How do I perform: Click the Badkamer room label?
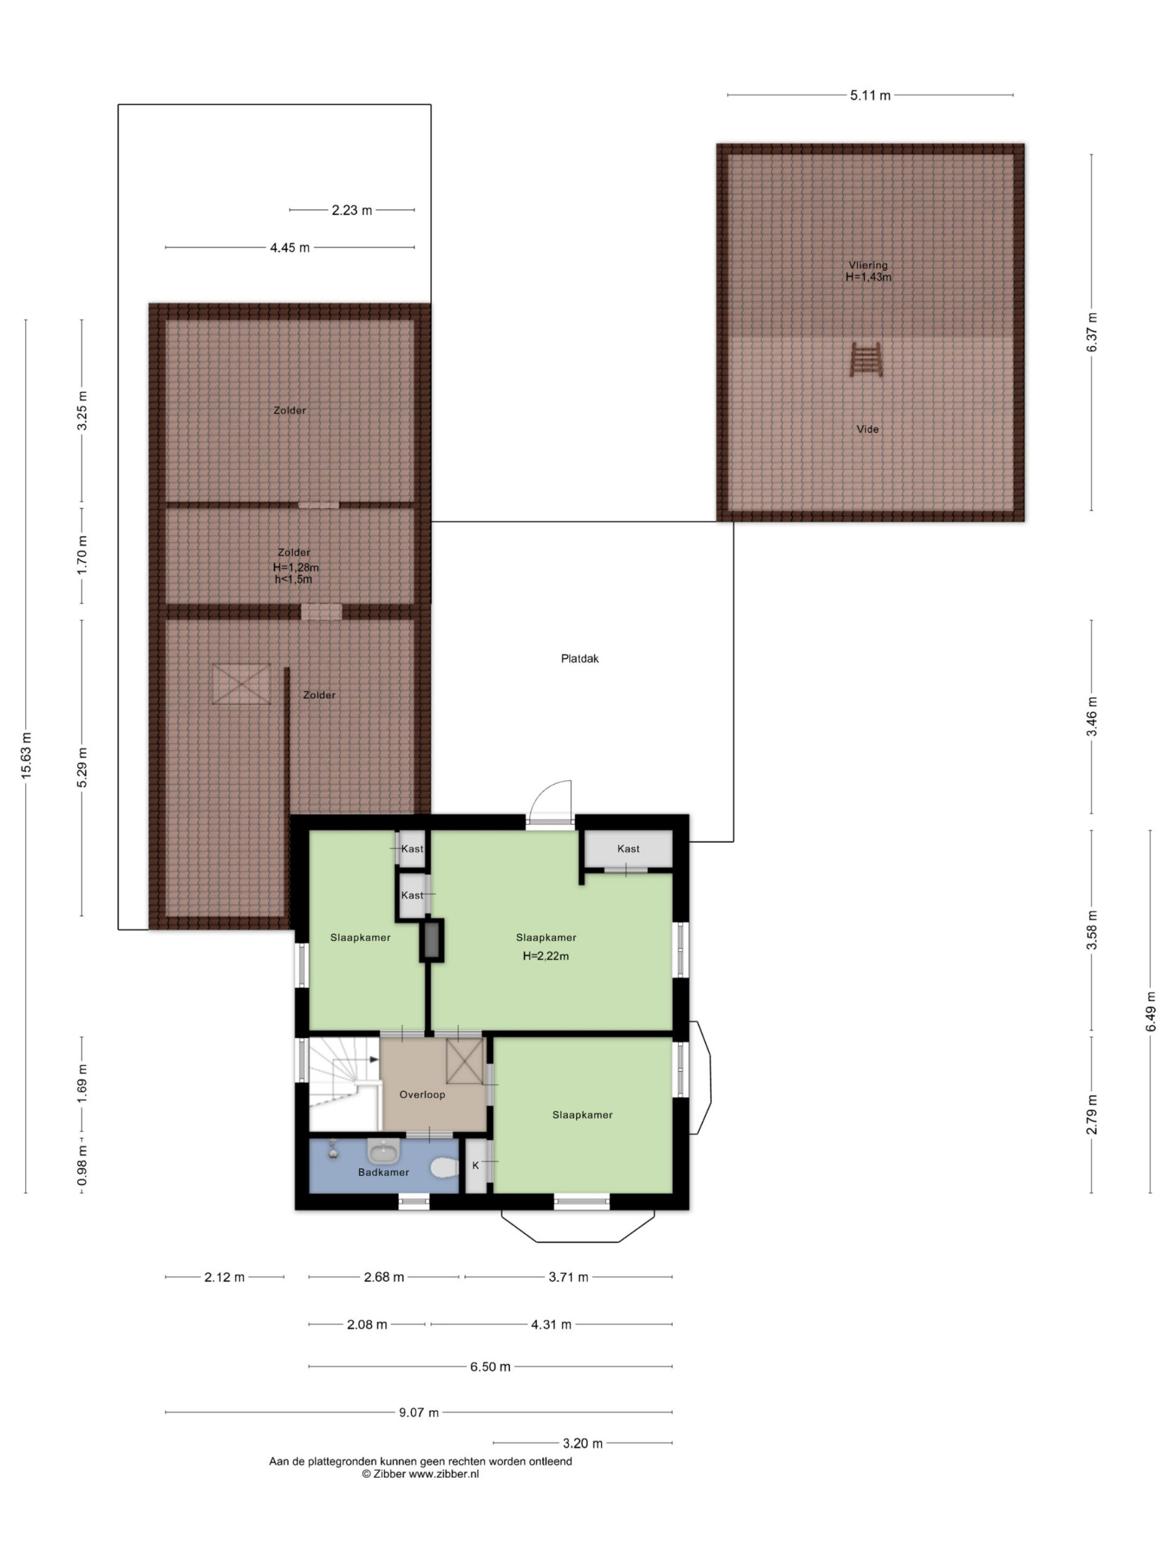(383, 1172)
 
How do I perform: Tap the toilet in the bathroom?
(443, 1167)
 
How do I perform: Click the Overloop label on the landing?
(422, 1095)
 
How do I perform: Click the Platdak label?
(579, 658)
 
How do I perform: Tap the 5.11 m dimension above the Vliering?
(870, 95)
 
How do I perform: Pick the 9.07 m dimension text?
(418, 1413)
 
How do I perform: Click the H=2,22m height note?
(545, 956)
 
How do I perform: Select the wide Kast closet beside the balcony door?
(627, 848)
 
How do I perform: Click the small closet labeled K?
(476, 1166)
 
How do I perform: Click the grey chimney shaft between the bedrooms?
(432, 940)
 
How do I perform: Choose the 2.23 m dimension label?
(352, 210)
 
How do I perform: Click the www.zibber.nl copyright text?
(420, 1474)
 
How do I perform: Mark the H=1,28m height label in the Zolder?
(296, 568)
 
